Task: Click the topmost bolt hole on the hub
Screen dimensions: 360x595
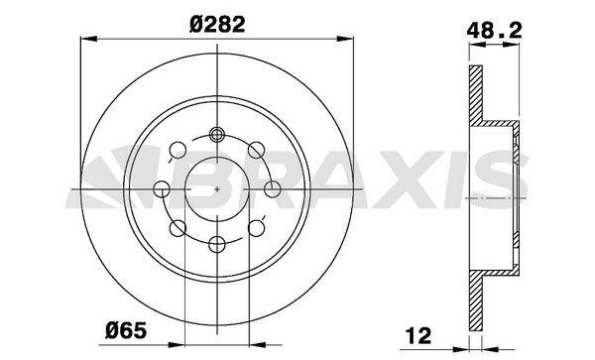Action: (217, 134)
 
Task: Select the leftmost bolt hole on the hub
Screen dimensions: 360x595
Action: (163, 187)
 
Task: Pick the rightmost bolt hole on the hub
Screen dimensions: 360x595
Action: (271, 187)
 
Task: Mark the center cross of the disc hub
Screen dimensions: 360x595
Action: (217, 187)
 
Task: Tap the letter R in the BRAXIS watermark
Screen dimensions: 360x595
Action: (260, 187)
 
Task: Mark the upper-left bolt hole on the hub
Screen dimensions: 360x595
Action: (178, 150)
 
